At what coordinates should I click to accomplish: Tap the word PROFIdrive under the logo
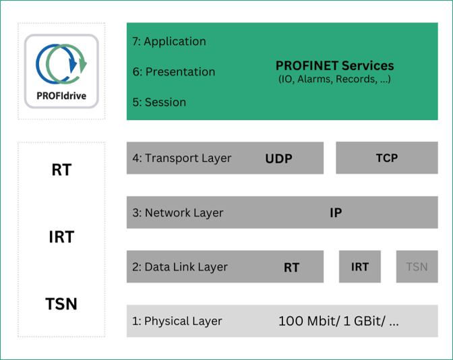(61, 96)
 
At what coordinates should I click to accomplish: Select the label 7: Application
(169, 41)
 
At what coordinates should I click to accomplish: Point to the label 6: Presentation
(174, 71)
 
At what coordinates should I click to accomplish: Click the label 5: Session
(159, 102)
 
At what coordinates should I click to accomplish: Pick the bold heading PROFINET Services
(334, 66)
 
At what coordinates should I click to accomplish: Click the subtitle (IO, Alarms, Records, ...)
(334, 79)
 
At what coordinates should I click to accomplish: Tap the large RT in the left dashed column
(61, 170)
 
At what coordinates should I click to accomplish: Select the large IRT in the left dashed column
(61, 237)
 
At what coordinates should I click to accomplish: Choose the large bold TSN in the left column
(61, 304)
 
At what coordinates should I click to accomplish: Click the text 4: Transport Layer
(181, 158)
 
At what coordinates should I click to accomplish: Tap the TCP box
(386, 158)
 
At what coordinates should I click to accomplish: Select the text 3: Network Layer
(177, 213)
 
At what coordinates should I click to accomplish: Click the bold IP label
(336, 213)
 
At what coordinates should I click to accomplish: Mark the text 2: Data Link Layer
(180, 267)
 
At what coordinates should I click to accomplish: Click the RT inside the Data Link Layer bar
(291, 268)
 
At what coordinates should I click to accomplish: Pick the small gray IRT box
(360, 267)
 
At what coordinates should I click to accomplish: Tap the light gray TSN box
(417, 267)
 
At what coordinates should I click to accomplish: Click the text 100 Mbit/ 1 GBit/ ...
(338, 322)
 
